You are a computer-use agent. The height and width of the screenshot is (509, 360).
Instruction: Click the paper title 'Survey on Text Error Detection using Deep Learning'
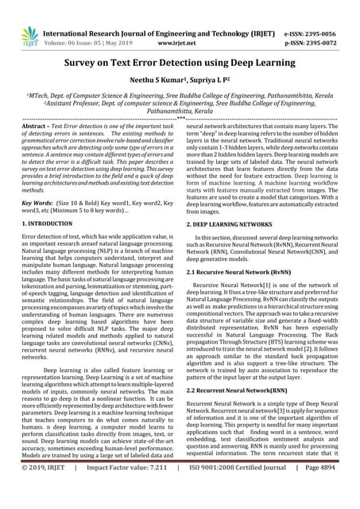pyautogui.click(x=180, y=62)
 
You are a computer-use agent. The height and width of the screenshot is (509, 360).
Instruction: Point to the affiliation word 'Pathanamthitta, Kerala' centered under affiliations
pyautogui.click(x=180, y=113)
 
